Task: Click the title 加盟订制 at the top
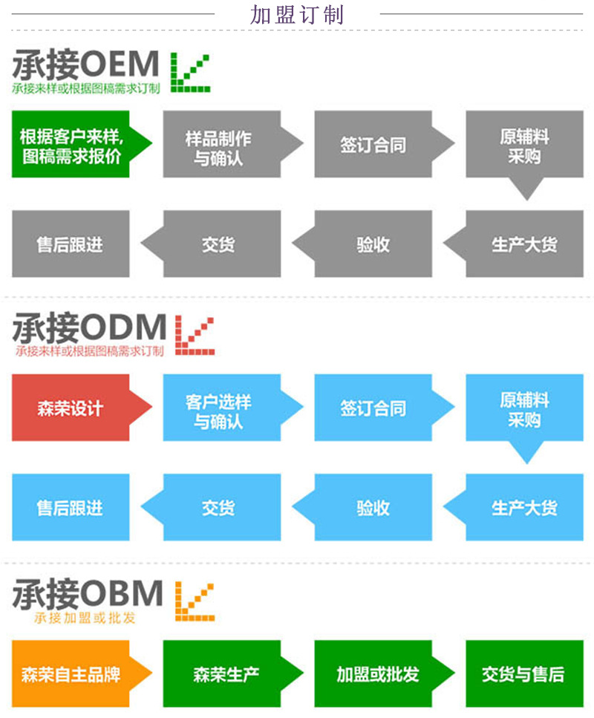(297, 14)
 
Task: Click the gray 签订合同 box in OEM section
(373, 145)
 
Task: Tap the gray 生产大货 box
(524, 244)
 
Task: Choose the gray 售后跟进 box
(71, 244)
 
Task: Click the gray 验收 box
(373, 244)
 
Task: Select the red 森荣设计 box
(71, 408)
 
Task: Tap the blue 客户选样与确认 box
(218, 410)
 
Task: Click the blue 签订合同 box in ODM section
(373, 408)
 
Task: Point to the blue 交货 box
(218, 508)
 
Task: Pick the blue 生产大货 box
(524, 508)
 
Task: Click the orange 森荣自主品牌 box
(71, 674)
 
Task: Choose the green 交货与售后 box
(524, 674)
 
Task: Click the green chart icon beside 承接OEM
(191, 72)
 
